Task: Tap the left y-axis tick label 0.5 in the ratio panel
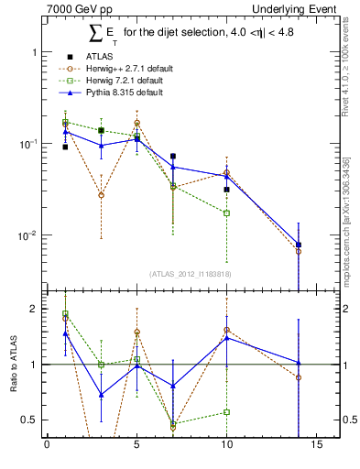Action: (30, 420)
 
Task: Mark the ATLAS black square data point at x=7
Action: (173, 157)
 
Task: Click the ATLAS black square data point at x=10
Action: (226, 190)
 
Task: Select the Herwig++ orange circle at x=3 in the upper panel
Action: (101, 195)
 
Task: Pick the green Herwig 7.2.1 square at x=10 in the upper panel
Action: (226, 213)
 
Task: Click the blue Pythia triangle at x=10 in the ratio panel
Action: (226, 338)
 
